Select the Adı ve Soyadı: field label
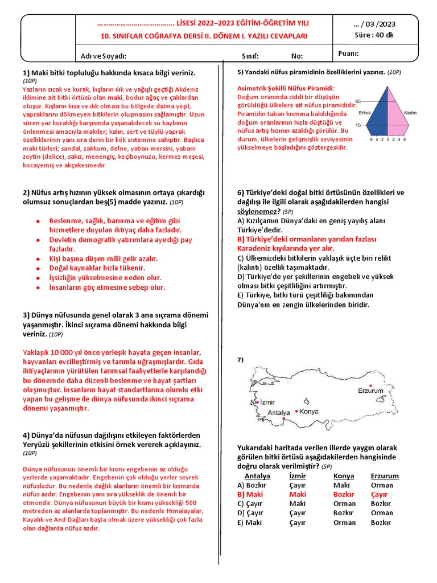(x=104, y=56)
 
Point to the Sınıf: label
(x=250, y=56)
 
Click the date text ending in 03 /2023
(x=374, y=24)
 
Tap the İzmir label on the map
(x=267, y=402)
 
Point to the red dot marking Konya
(x=297, y=410)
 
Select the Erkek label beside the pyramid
(x=357, y=113)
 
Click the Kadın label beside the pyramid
(x=411, y=113)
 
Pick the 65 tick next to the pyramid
(x=358, y=101)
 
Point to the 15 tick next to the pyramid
(x=358, y=125)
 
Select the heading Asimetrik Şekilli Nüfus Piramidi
(x=286, y=88)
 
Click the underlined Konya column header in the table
(x=344, y=476)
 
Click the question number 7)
(x=241, y=360)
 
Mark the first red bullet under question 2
(x=38, y=221)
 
